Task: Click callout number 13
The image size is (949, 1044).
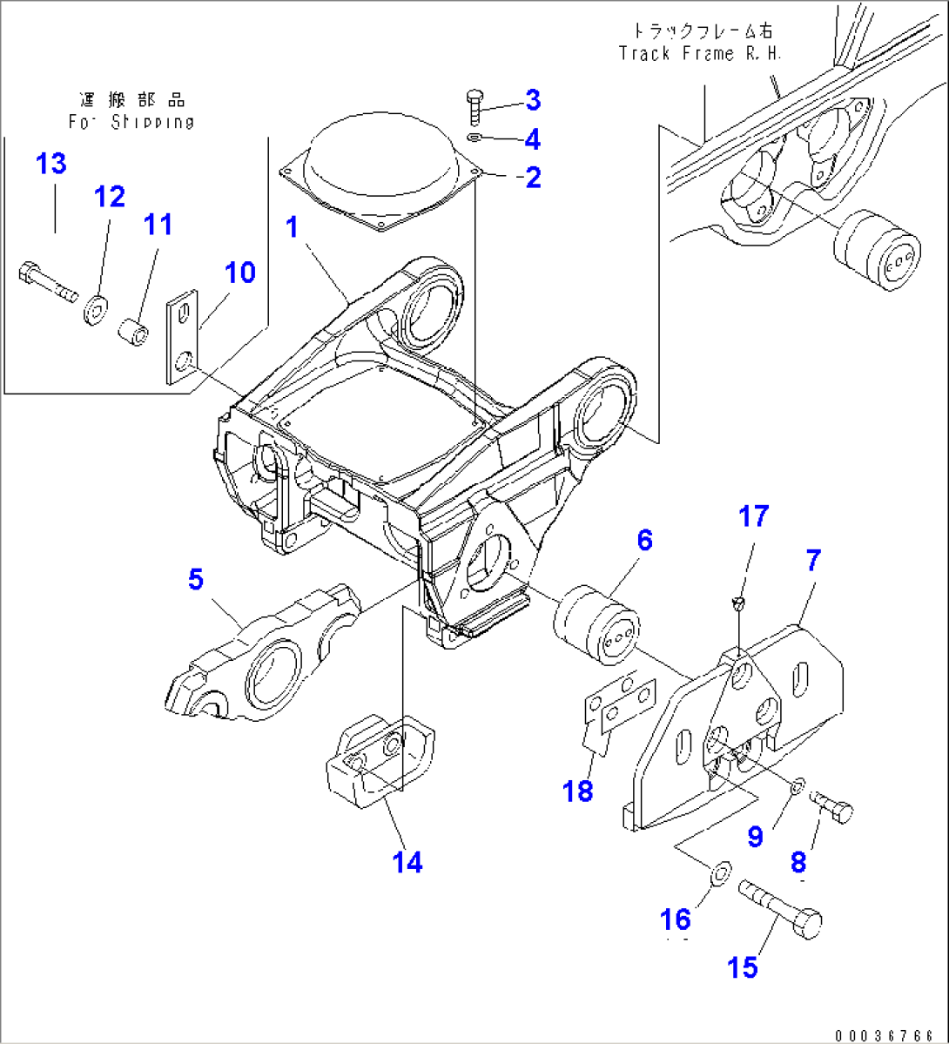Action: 51,164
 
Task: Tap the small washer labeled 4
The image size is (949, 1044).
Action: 473,138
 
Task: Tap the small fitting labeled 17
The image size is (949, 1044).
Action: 738,602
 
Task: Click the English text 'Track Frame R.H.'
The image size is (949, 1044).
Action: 701,53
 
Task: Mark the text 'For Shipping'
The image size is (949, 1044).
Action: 131,122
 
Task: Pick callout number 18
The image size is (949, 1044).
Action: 577,791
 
